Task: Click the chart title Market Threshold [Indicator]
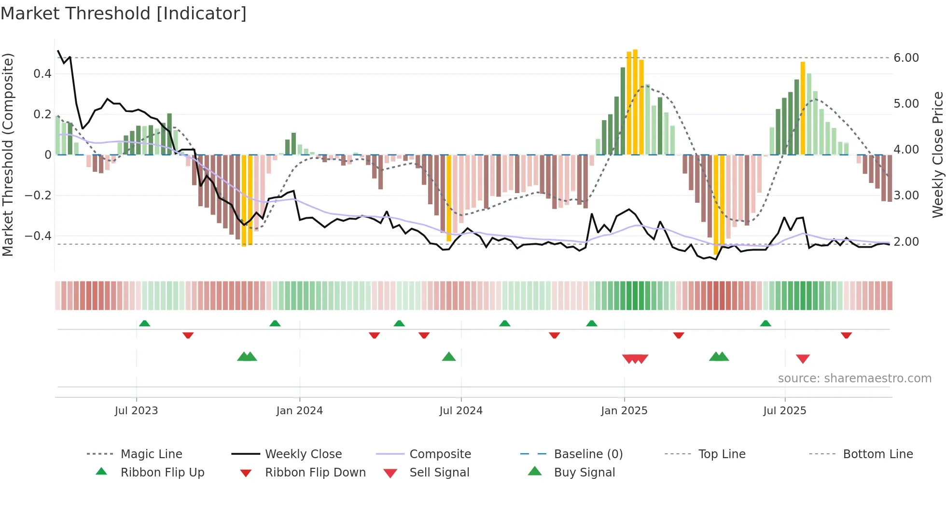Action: click(124, 14)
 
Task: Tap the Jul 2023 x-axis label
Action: click(136, 410)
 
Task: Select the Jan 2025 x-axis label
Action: click(624, 410)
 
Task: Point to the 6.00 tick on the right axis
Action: click(906, 57)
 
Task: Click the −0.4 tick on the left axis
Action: click(38, 236)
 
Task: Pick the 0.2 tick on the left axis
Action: click(42, 114)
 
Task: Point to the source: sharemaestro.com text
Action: click(854, 378)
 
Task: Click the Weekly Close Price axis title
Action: click(937, 154)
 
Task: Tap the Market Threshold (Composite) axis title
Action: click(8, 154)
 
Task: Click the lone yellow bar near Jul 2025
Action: click(803, 109)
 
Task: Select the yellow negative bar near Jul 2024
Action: click(449, 198)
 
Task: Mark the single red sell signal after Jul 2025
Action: click(803, 359)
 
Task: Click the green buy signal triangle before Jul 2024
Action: click(449, 357)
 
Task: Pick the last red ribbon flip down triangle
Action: click(846, 335)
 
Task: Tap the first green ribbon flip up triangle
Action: click(144, 323)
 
